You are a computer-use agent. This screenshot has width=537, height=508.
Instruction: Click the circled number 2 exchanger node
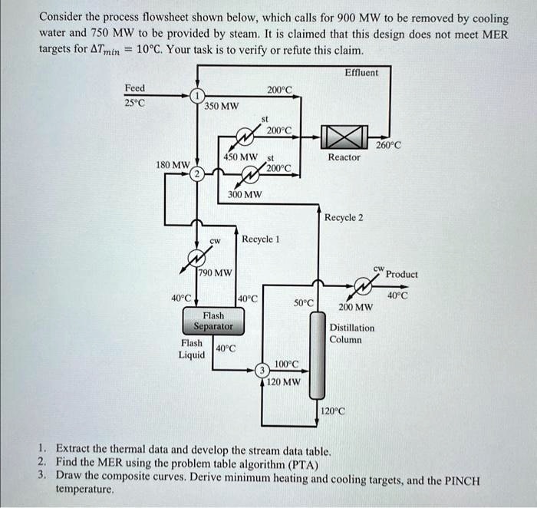(x=198, y=174)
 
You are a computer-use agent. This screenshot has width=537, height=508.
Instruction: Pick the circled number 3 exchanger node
(x=262, y=370)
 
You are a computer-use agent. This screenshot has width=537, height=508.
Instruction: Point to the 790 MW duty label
(x=216, y=272)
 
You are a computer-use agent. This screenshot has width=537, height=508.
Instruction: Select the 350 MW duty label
(x=222, y=106)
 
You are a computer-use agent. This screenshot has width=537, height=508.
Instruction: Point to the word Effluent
(x=362, y=72)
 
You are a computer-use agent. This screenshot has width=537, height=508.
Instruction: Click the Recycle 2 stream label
(x=344, y=217)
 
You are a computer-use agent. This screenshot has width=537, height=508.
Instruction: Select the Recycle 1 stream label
(x=261, y=239)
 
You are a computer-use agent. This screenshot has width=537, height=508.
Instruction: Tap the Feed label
(x=136, y=87)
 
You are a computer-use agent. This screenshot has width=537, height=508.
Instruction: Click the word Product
(x=402, y=274)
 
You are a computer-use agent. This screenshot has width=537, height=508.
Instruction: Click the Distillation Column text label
(x=352, y=333)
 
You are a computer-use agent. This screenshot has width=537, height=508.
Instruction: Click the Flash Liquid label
(x=193, y=348)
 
